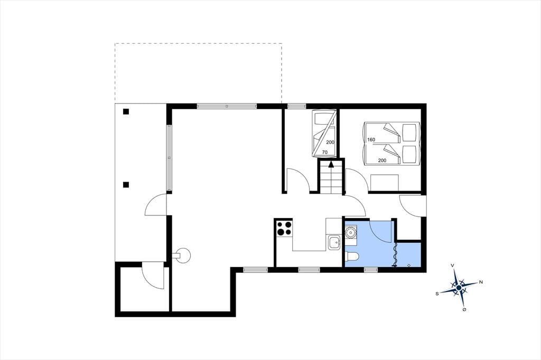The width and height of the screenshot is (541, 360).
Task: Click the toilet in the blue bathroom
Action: [352, 256]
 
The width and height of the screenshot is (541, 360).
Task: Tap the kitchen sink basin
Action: [334, 242]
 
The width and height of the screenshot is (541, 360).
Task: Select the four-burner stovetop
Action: [284, 228]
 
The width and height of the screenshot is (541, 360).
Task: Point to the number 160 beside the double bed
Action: [371, 140]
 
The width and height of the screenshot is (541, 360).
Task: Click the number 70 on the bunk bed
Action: [325, 151]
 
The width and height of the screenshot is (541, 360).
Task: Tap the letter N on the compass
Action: [481, 282]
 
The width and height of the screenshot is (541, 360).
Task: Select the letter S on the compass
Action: [437, 294]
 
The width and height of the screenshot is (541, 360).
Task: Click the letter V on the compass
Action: [453, 266]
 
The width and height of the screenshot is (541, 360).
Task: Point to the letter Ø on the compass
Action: [464, 310]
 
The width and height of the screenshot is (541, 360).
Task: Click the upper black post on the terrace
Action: [126, 111]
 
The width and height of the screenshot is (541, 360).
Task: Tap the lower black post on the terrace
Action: [126, 185]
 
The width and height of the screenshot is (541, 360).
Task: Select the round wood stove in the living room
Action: [182, 255]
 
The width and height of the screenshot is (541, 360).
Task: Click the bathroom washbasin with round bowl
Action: [351, 232]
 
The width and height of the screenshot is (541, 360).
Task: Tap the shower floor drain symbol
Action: [409, 265]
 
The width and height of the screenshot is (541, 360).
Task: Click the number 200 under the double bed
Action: [382, 160]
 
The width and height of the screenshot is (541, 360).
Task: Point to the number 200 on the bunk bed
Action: [330, 142]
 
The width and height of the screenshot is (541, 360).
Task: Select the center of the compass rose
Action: [459, 288]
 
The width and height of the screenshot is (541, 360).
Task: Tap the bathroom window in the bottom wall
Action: [370, 270]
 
